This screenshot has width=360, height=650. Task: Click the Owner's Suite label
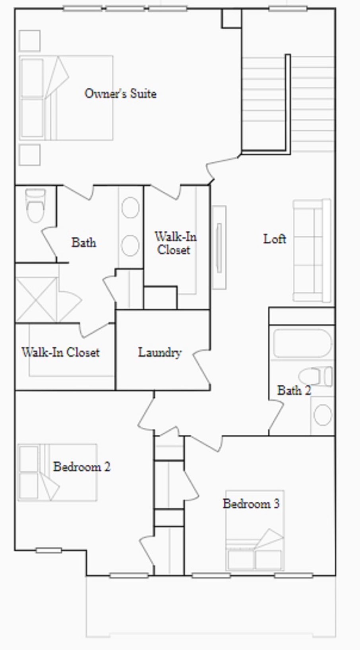(120, 93)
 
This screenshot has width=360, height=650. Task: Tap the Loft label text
(275, 239)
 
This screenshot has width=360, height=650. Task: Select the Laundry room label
(160, 352)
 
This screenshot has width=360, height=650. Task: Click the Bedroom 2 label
(81, 466)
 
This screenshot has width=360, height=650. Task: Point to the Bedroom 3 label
(251, 504)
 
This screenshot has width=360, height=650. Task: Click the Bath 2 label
(294, 390)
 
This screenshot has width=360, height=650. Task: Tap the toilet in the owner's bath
(35, 205)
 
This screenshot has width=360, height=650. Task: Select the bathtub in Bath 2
(302, 343)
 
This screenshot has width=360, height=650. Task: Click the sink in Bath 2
(322, 415)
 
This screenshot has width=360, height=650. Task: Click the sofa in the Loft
(312, 250)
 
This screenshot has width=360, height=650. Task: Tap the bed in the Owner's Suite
(66, 98)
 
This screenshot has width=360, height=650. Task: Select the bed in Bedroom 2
(57, 472)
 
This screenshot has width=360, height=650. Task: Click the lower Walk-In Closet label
(60, 352)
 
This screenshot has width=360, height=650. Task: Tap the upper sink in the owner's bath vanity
(130, 208)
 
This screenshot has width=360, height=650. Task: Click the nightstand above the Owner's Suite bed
(29, 40)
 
